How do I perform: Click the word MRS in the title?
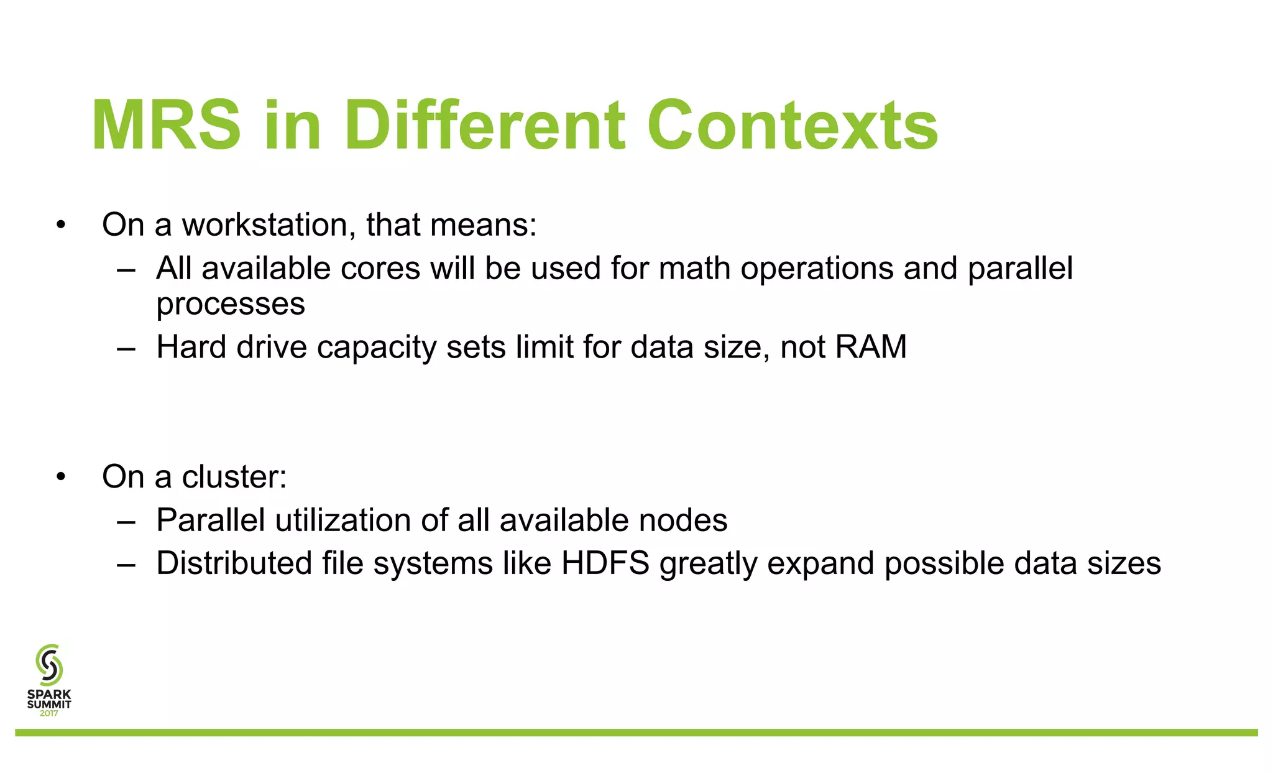click(167, 126)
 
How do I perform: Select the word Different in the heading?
click(484, 126)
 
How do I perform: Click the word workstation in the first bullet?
click(269, 224)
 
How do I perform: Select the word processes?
click(231, 304)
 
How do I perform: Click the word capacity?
click(376, 347)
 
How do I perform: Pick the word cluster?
click(234, 477)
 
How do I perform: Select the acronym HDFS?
click(605, 563)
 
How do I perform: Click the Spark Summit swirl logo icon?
click(49, 664)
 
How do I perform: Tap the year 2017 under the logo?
click(49, 713)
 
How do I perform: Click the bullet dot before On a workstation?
click(60, 226)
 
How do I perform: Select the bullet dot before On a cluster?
click(60, 478)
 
